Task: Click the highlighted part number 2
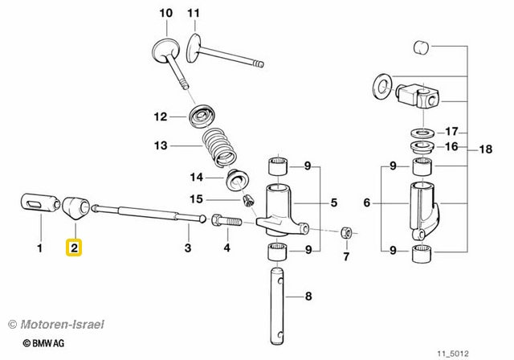click(x=74, y=248)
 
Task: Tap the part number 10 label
click(x=165, y=14)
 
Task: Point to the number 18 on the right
click(x=484, y=149)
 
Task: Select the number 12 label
click(x=161, y=117)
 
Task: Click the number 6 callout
click(x=367, y=204)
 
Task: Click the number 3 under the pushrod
click(x=187, y=248)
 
